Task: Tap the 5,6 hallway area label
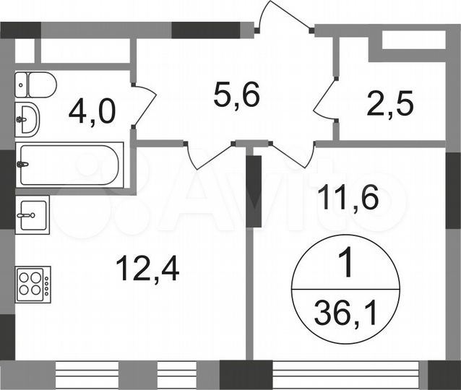click(x=236, y=93)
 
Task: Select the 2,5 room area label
click(x=389, y=105)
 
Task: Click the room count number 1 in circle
click(x=345, y=266)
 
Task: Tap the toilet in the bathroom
click(x=36, y=85)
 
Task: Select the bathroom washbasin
click(x=27, y=118)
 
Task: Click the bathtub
click(x=70, y=165)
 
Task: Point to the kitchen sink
click(x=33, y=214)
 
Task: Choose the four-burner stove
click(x=33, y=283)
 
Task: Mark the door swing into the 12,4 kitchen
click(x=211, y=155)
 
